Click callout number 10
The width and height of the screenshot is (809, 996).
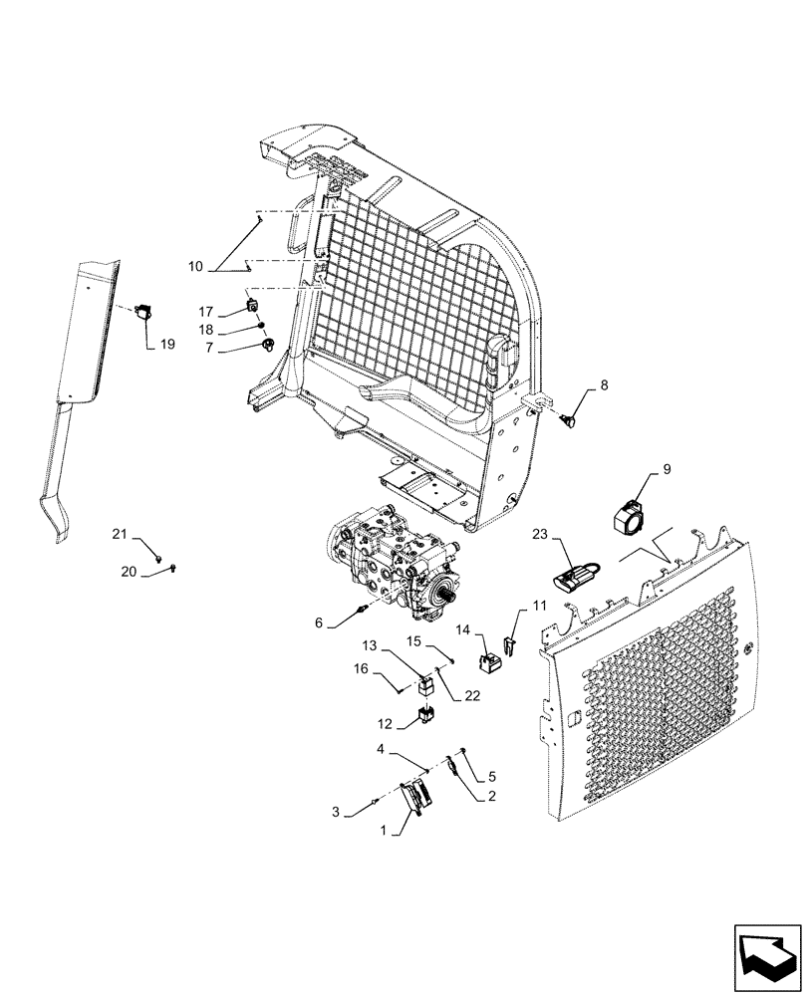pyautogui.click(x=194, y=267)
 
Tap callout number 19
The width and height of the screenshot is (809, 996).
pyautogui.click(x=166, y=346)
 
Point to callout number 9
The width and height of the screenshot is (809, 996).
pyautogui.click(x=667, y=468)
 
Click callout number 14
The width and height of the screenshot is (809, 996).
pyautogui.click(x=461, y=629)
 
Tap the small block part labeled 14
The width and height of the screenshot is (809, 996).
pyautogui.click(x=491, y=660)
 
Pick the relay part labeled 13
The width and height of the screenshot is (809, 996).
pyautogui.click(x=426, y=683)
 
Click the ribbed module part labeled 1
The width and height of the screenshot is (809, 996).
pyautogui.click(x=417, y=796)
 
